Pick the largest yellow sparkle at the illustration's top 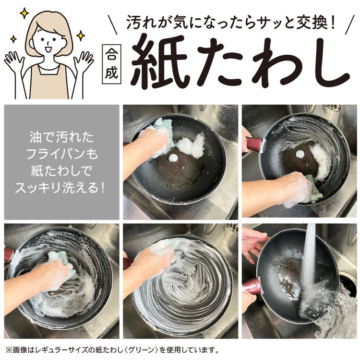point(24,12)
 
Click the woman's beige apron point(48,82)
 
